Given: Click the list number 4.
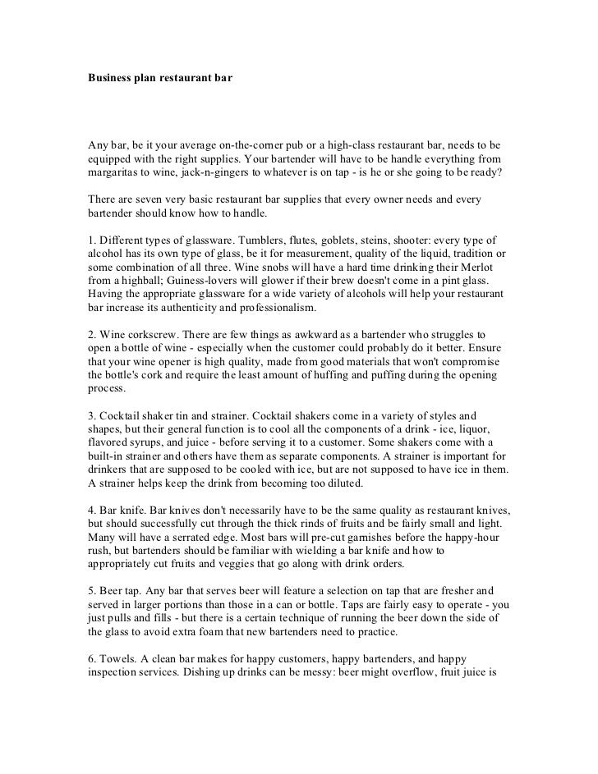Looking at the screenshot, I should pos(92,509).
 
